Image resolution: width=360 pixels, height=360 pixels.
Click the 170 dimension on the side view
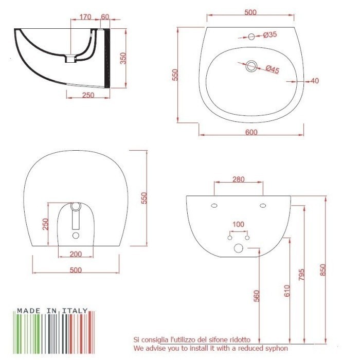tap(85, 17)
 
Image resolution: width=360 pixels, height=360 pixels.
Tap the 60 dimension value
tap(105, 17)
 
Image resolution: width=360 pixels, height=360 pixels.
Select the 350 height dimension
tap(122, 58)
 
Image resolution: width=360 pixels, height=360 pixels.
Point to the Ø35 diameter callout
tap(270, 35)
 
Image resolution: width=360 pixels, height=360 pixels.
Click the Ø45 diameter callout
tap(273, 69)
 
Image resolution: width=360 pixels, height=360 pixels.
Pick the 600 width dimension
tap(251, 132)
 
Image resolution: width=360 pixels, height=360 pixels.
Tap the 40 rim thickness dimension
tap(315, 81)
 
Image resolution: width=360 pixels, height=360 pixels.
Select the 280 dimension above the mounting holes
tap(238, 179)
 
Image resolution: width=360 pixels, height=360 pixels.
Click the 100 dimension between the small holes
tap(238, 224)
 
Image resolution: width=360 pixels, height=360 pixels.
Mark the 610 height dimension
tap(287, 291)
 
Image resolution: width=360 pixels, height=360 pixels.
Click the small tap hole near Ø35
tap(251, 37)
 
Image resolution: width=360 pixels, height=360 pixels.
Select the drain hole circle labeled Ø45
tap(251, 66)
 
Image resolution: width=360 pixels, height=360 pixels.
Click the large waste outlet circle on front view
tap(239, 248)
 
